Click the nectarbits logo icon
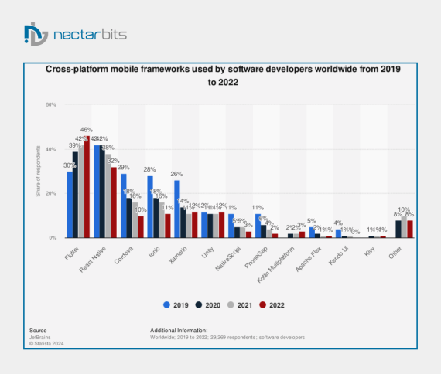click(36, 35)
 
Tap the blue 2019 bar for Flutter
click(70, 205)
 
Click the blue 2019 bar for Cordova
click(123, 206)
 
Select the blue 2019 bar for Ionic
click(149, 207)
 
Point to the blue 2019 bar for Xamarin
click(176, 209)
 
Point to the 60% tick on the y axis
click(51, 104)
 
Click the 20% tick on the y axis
click(51, 193)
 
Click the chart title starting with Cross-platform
click(220, 76)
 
